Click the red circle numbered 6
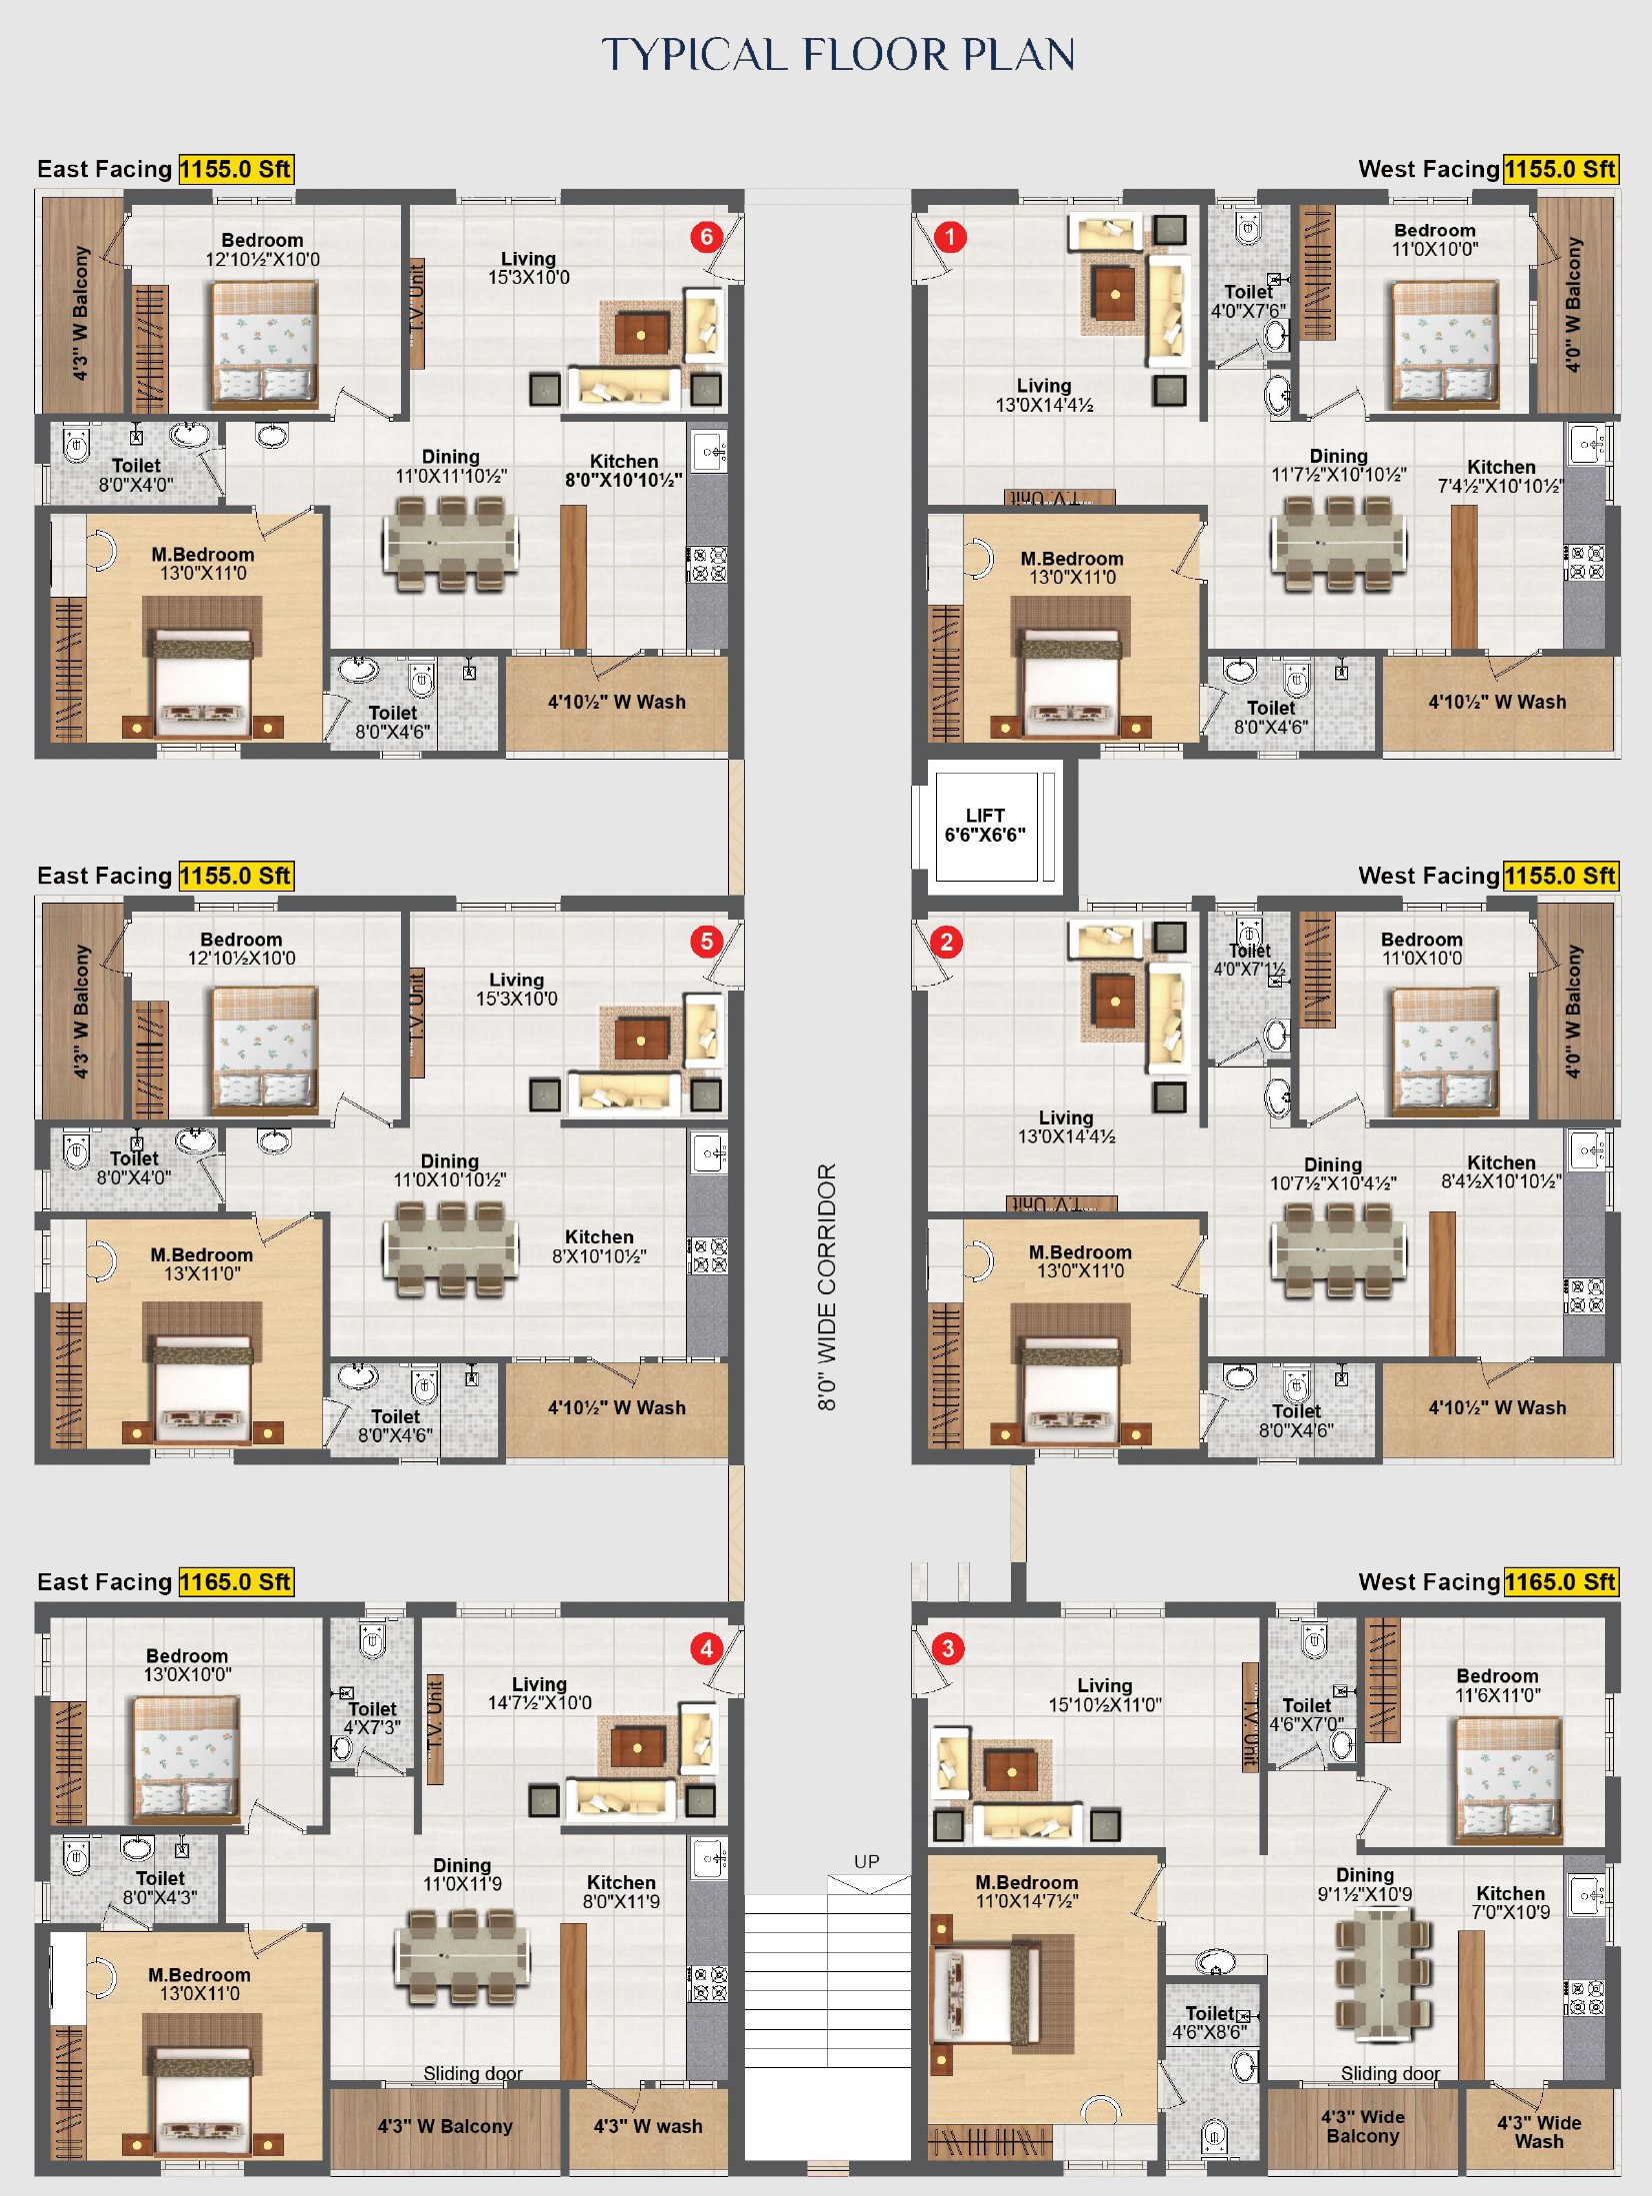point(707,237)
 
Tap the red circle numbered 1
point(949,237)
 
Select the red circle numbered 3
point(948,1648)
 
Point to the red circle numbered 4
point(707,1648)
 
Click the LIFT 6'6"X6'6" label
point(985,825)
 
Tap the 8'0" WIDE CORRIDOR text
point(827,1286)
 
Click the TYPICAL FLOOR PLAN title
point(838,55)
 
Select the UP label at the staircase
point(867,1861)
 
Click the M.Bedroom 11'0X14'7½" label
point(1027,1892)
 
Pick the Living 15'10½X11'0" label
point(1105,1695)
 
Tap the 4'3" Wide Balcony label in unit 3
point(1362,2126)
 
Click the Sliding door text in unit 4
point(473,2073)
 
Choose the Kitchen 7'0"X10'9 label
point(1510,1903)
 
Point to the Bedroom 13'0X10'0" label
point(187,1665)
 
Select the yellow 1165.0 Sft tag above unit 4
point(236,1581)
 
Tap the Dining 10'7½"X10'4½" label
point(1333,1174)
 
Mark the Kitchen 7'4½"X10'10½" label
point(1501,477)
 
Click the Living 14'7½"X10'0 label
point(539,1693)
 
